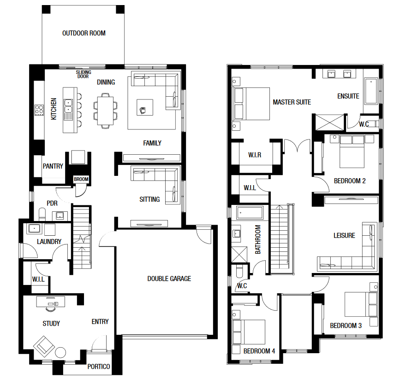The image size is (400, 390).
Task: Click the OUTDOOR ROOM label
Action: pyautogui.click(x=84, y=33)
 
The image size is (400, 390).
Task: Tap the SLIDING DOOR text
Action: pyautogui.click(x=84, y=74)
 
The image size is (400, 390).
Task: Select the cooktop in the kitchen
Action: pyautogui.click(x=39, y=110)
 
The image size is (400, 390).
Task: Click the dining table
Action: pyautogui.click(x=105, y=111)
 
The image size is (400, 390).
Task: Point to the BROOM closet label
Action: pyautogui.click(x=81, y=179)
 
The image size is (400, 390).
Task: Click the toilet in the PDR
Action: pyautogui.click(x=42, y=214)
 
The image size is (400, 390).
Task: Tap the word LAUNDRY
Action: pyautogui.click(x=49, y=242)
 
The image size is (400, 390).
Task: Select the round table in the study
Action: pyautogui.click(x=61, y=353)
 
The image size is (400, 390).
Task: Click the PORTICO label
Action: pyautogui.click(x=99, y=367)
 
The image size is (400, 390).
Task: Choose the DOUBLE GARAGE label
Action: pyautogui.click(x=169, y=279)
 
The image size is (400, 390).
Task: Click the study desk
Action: pyautogui.click(x=50, y=302)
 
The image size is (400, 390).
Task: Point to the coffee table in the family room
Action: pyautogui.click(x=145, y=107)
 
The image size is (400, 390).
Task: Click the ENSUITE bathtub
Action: pyautogui.click(x=370, y=91)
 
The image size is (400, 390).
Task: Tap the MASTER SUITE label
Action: pyautogui.click(x=292, y=102)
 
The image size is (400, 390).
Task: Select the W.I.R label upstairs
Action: pyautogui.click(x=255, y=155)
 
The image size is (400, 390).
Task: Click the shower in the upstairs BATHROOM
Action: pyautogui.click(x=239, y=254)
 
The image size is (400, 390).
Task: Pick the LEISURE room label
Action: pyautogui.click(x=344, y=235)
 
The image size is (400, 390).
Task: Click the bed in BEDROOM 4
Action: pyautogui.click(x=249, y=332)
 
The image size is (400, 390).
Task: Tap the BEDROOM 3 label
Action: pyautogui.click(x=346, y=326)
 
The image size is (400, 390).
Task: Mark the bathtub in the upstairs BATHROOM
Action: pyautogui.click(x=250, y=213)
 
